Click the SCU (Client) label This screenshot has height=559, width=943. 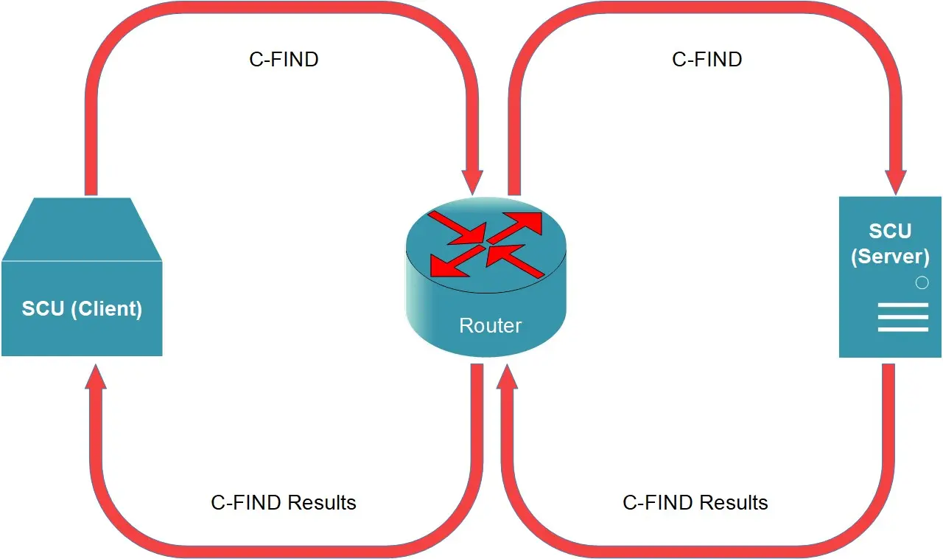pos(82,308)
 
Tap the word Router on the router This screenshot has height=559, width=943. pos(490,325)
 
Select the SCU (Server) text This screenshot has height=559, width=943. pos(890,243)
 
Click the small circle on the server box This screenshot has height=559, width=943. pos(921,282)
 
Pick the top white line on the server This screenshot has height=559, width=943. pos(903,304)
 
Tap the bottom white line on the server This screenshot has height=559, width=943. pos(903,329)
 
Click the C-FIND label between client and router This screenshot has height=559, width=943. pos(284,60)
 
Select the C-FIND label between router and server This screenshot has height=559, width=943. pos(707,60)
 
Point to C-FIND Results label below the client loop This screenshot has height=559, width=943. pos(284,503)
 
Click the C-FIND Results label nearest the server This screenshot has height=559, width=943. pos(695,503)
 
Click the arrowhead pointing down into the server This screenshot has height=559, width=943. pos(895,181)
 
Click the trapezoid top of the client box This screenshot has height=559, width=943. pos(82,229)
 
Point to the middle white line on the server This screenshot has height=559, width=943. pos(903,316)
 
